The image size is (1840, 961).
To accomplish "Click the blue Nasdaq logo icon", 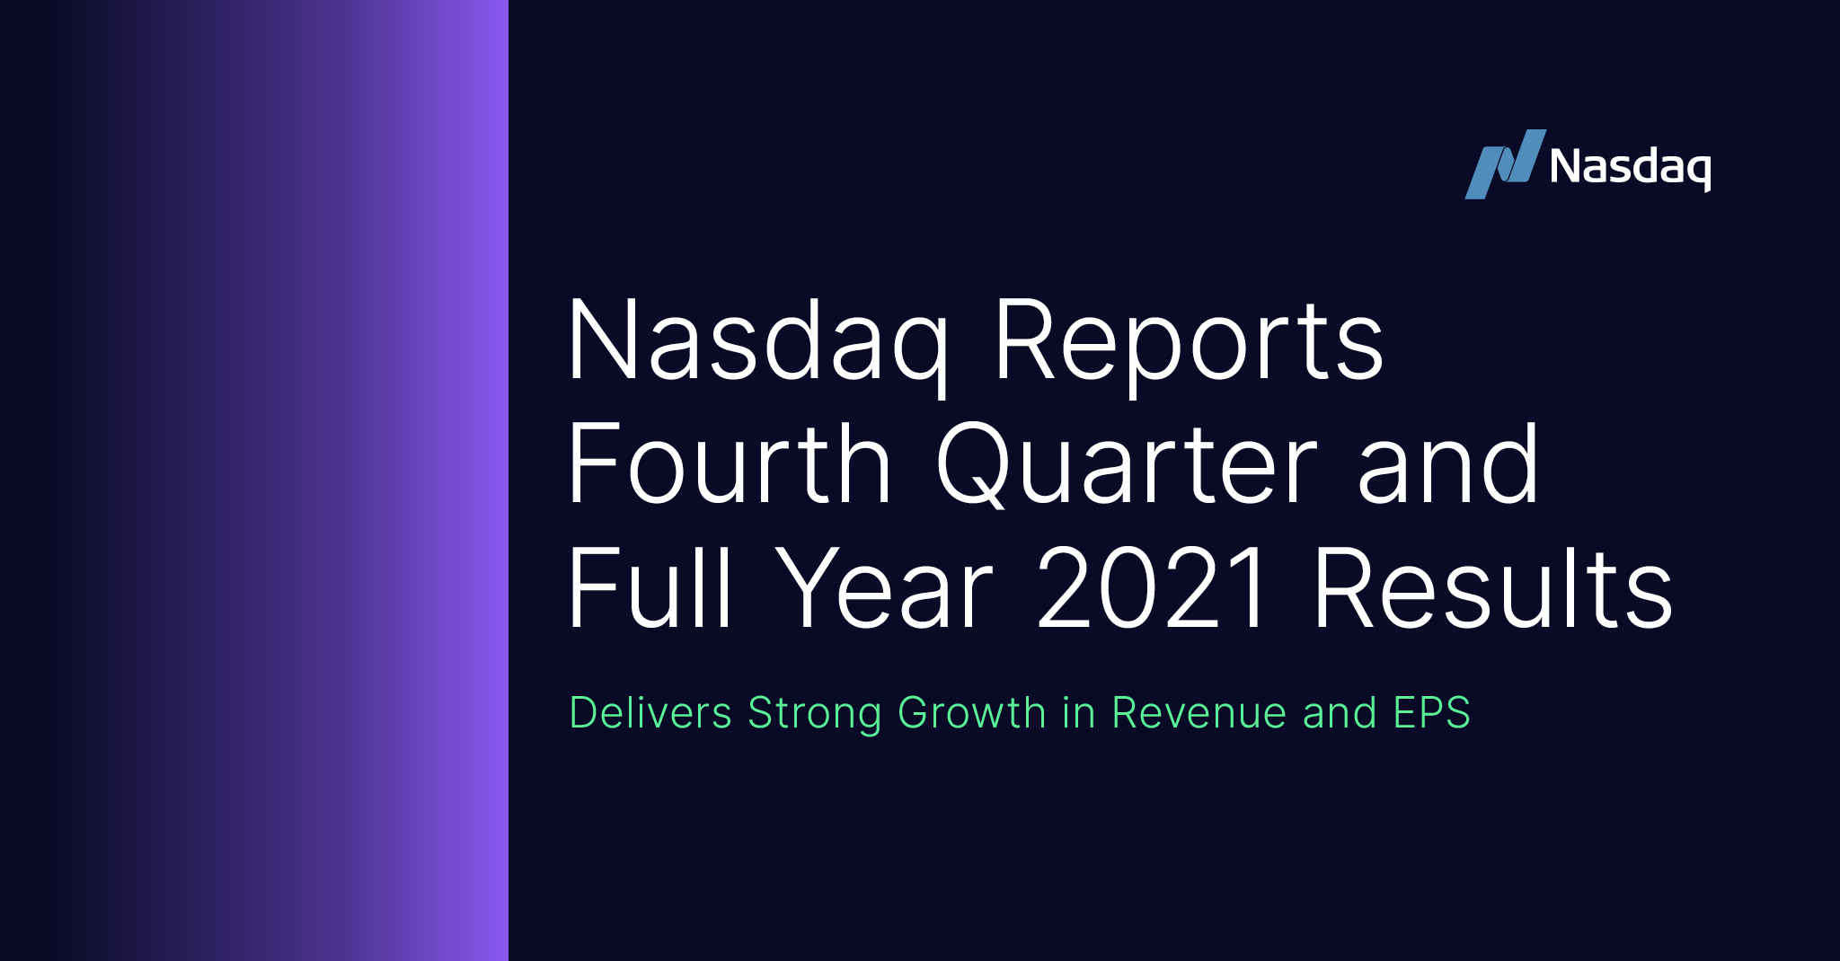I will coord(1504,164).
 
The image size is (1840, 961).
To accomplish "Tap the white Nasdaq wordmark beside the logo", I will coord(1630,167).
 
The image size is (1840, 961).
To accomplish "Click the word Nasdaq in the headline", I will coord(757,342).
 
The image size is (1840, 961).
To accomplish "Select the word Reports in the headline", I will coord(1189,342).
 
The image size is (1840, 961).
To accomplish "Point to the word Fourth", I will coord(729,465).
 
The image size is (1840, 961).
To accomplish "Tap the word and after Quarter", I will coord(1448,465).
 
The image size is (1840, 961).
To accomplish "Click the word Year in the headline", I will coord(885,588).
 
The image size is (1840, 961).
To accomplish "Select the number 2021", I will coord(1153,588).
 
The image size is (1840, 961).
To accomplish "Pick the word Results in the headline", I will coord(1492,588).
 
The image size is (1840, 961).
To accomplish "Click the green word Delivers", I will coord(650,713).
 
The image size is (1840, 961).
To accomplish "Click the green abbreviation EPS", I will coord(1431,713).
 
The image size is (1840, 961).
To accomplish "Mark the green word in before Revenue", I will coord(1078,713).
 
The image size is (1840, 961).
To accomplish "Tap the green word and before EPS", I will coord(1340,713).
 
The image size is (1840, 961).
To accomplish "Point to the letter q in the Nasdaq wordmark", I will coord(1696,171).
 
